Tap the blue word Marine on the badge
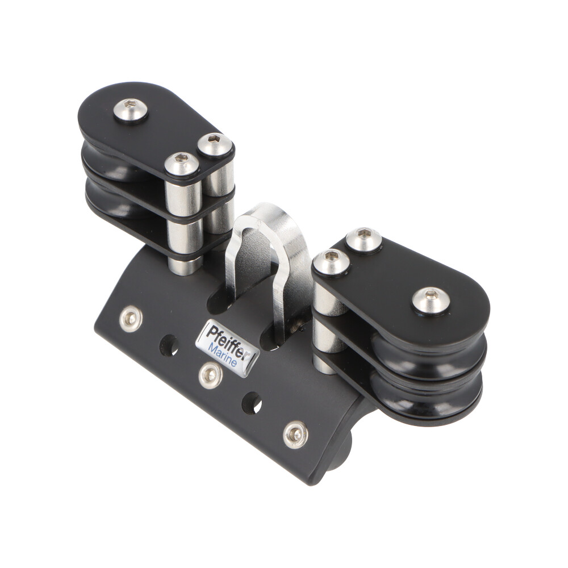pos(223,355)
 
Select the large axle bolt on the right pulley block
pos(431,300)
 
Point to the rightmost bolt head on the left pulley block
pos(215,145)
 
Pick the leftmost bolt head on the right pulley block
pos(332,262)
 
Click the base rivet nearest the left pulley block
pos(131,319)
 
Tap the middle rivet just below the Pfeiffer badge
pos(210,375)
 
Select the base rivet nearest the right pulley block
pos(295,435)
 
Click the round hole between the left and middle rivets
pos(169,345)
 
